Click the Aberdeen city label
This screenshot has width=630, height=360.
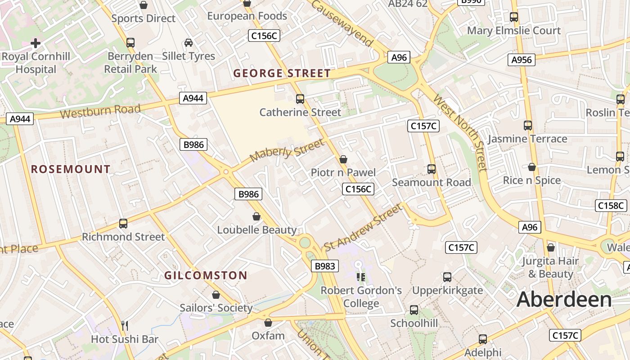click(564, 300)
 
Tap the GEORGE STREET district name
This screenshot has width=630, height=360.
click(282, 73)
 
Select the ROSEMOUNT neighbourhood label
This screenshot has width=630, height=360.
click(71, 169)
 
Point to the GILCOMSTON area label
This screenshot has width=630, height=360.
click(206, 275)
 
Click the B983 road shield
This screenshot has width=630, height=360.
click(324, 266)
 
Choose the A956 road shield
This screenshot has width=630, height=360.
click(522, 59)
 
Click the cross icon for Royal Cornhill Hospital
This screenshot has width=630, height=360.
click(36, 43)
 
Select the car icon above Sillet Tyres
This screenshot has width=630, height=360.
click(189, 43)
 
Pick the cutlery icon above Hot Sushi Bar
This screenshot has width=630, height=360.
click(125, 325)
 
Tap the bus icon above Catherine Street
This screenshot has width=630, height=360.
click(300, 99)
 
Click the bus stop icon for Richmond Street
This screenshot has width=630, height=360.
click(123, 223)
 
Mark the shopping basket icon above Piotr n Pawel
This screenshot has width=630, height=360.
click(343, 159)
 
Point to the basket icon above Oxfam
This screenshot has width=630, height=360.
click(268, 323)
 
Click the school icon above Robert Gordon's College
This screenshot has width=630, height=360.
click(360, 277)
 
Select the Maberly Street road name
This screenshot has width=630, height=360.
click(287, 151)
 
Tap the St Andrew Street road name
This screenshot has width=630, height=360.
click(363, 227)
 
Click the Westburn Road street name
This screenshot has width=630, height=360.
click(100, 111)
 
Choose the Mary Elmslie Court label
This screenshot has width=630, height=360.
click(514, 31)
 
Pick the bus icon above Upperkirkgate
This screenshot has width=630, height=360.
click(447, 277)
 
